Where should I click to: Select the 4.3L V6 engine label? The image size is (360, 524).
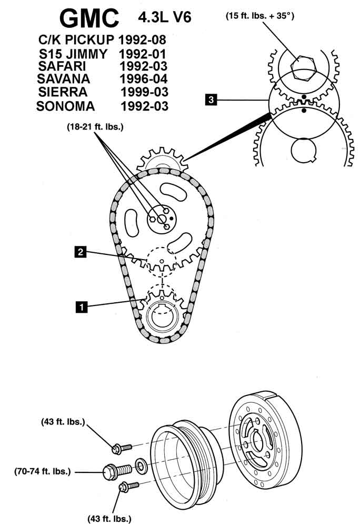click(x=164, y=18)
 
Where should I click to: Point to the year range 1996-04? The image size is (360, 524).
click(x=144, y=79)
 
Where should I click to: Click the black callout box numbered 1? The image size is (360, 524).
click(x=81, y=305)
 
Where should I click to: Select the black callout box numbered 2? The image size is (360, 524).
click(x=79, y=252)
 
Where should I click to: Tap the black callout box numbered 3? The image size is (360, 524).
click(x=211, y=99)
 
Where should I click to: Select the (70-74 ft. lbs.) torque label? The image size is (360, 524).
click(x=43, y=471)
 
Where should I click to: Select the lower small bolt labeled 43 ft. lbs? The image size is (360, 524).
click(x=128, y=487)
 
